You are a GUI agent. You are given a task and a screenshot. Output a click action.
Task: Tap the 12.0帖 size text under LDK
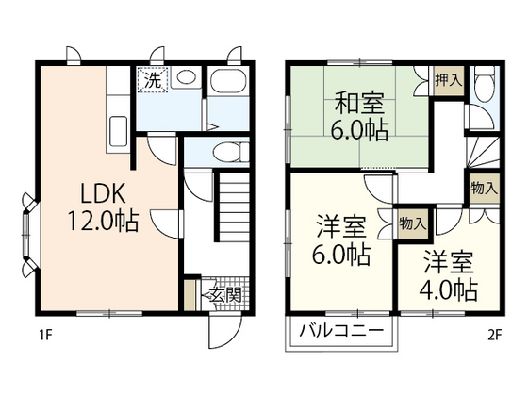coord(103,223)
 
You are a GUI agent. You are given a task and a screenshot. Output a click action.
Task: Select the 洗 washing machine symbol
coord(151,80)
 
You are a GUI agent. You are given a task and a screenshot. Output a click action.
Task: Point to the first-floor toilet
coord(225,151)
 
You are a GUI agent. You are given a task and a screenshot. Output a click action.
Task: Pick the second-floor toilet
coord(484,89)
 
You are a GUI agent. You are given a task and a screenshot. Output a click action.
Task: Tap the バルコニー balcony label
coord(341,331)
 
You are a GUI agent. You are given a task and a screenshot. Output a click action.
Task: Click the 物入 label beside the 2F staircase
coord(485,188)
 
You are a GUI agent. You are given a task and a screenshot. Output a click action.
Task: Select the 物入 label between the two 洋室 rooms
coord(412,224)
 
